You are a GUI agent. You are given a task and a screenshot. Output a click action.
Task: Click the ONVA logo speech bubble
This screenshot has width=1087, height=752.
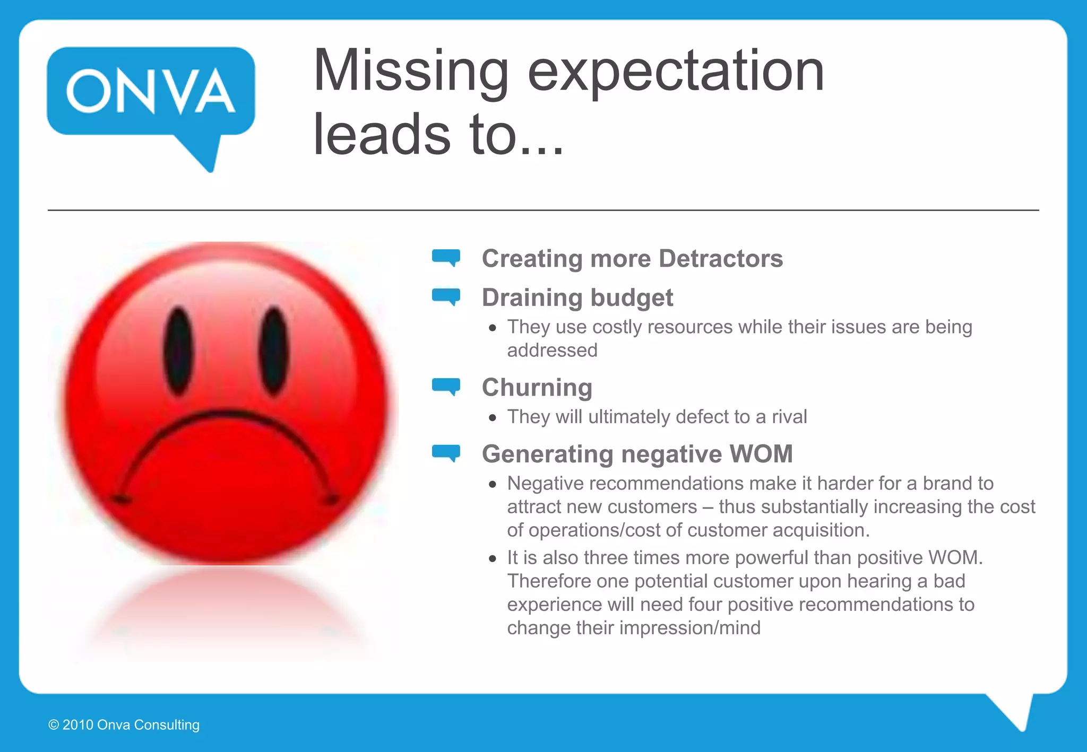(x=151, y=93)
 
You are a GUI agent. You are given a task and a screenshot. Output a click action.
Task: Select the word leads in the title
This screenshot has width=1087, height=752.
(x=382, y=135)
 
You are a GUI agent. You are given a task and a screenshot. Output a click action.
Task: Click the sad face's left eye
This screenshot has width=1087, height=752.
(x=178, y=351)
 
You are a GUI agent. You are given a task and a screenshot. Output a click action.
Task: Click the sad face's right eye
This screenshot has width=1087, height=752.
(x=274, y=351)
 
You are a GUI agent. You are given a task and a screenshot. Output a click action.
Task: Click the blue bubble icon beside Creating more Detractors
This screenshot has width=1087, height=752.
(x=446, y=257)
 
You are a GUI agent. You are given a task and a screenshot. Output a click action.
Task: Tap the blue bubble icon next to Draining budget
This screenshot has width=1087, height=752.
(x=446, y=296)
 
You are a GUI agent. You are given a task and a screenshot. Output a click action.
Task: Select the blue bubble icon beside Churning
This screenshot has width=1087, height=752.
(x=446, y=386)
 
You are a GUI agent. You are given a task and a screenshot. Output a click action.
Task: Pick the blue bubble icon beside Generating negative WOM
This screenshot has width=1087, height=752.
(x=446, y=453)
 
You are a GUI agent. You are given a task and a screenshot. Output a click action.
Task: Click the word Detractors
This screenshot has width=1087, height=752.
(x=720, y=259)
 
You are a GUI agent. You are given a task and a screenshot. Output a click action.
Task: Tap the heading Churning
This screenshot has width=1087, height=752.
(x=537, y=388)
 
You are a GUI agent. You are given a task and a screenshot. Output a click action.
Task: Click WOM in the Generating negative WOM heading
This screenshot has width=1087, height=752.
(x=761, y=454)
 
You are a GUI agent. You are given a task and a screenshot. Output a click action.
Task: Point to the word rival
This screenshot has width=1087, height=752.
(x=789, y=417)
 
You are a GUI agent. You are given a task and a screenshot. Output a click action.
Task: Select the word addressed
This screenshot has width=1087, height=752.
(x=552, y=351)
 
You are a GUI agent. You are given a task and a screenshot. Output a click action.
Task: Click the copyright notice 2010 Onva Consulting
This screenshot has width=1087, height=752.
(x=124, y=725)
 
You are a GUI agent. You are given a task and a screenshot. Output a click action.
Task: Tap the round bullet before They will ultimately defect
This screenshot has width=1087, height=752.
(x=493, y=418)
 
